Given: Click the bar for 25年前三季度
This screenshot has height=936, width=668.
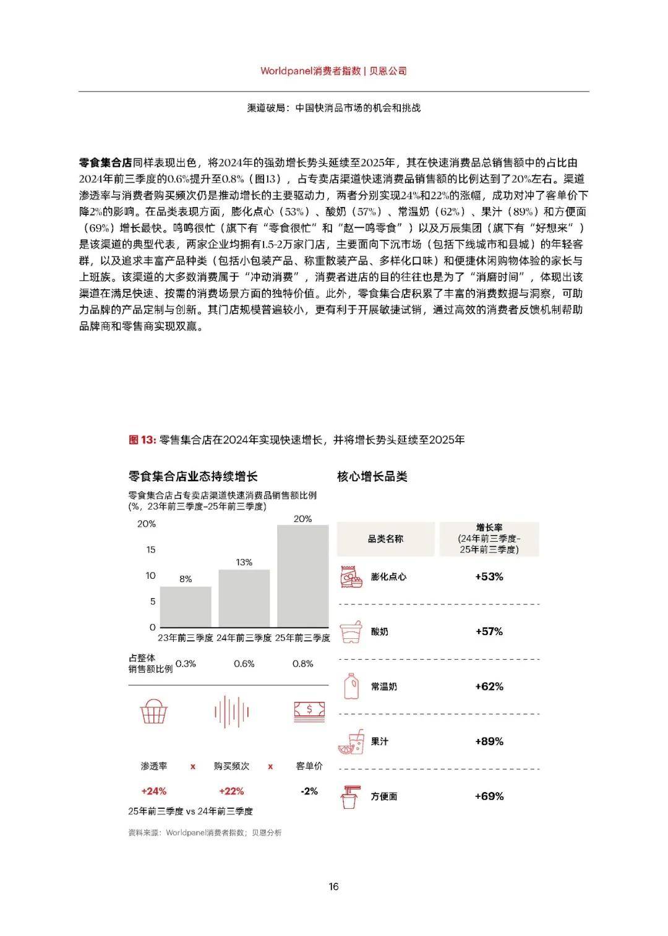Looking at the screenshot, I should point(302,576).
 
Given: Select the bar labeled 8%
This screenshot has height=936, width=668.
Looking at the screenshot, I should point(186,607).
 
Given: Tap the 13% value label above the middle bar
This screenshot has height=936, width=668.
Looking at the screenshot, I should point(244,562).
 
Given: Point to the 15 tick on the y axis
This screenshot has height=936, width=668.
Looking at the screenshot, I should point(150,550).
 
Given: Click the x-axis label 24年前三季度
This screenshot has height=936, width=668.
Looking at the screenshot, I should point(244,638).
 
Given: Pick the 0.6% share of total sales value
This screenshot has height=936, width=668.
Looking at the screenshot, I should point(244,664).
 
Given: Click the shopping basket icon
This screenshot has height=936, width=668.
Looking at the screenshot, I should point(154,711).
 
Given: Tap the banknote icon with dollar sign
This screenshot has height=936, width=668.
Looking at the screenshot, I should point(309,711).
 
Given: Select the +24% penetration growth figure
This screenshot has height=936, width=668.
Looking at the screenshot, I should point(154,791).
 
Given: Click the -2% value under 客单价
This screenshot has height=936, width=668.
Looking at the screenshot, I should point(309,791).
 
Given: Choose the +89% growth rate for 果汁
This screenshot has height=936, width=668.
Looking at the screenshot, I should point(489,741).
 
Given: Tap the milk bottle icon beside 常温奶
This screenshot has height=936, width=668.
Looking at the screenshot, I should point(351,686).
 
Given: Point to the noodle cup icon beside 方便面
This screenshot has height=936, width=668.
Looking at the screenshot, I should point(351,796).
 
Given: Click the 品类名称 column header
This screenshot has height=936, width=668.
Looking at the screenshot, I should point(385,539).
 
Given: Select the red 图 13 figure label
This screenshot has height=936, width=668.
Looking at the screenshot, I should point(142,440).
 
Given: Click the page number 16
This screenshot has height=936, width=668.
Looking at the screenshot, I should point(333,887).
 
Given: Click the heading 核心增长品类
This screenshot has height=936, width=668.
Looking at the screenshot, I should point(372,476).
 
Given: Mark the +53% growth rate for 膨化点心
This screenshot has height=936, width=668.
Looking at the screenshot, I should point(489,576).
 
